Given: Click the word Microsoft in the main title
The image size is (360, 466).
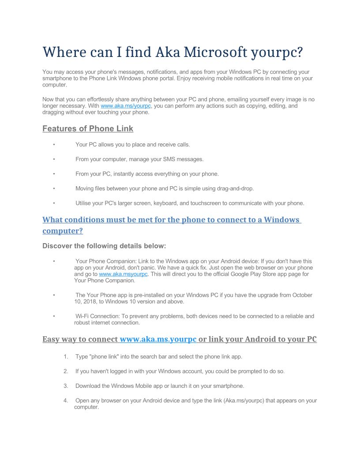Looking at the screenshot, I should coord(215,52).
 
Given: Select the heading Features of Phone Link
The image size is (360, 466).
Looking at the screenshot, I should coord(88,129).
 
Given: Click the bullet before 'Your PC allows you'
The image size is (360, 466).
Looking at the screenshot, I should coord(54,144).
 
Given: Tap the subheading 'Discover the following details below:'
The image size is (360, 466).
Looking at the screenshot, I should coord(104,246).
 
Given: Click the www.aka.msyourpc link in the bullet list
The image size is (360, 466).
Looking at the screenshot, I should coord(124,274).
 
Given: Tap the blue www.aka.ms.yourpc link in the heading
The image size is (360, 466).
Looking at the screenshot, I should coord(158,339).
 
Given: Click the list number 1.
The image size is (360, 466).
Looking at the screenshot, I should coord(65,357).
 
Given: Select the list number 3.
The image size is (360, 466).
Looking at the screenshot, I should coord(65,386).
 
